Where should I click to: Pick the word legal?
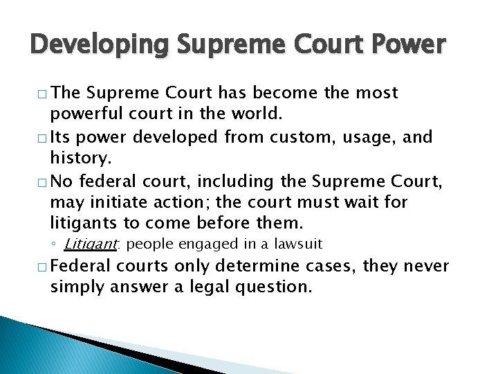(x=187, y=287)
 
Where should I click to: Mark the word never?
(x=424, y=267)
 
